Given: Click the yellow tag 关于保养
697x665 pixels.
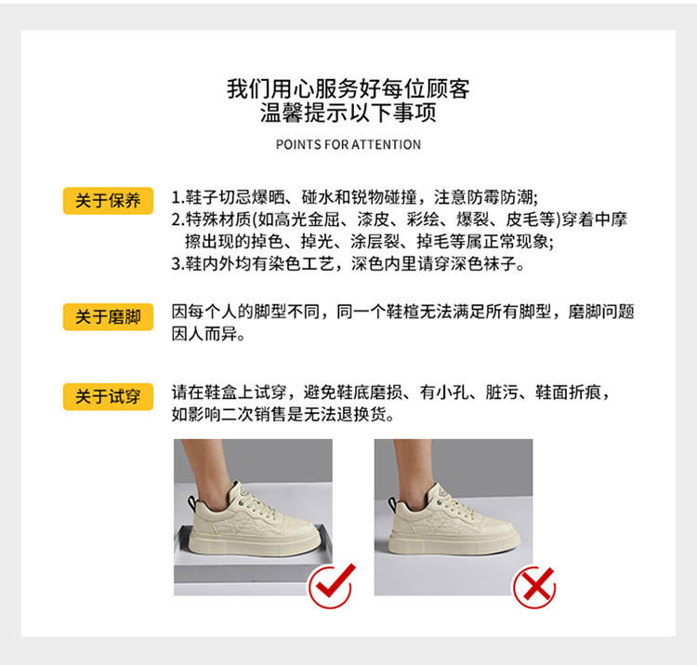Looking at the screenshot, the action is pyautogui.click(x=108, y=201).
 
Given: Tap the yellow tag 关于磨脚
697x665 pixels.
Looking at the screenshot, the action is pyautogui.click(x=108, y=317).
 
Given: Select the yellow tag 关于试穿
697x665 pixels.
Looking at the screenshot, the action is pyautogui.click(x=108, y=396).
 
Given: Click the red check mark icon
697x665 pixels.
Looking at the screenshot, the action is pyautogui.click(x=332, y=585).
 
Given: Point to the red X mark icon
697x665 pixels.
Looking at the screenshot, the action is pyautogui.click(x=534, y=587).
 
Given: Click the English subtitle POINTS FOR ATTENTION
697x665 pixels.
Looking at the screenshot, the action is pyautogui.click(x=348, y=144).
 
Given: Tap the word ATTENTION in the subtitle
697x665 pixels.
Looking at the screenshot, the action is pyautogui.click(x=387, y=144).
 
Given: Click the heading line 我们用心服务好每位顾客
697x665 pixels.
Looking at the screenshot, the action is pyautogui.click(x=348, y=88).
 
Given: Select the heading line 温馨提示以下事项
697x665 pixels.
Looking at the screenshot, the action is pyautogui.click(x=348, y=113).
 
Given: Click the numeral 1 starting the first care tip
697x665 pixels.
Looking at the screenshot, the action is pyautogui.click(x=176, y=197).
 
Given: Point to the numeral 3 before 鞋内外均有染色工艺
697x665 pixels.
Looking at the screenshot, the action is pyautogui.click(x=176, y=264).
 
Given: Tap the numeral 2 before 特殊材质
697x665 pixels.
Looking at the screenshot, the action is pyautogui.click(x=176, y=219).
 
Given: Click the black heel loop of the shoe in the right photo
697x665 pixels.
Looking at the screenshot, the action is pyautogui.click(x=393, y=504).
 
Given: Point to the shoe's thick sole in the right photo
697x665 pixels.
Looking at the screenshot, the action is pyautogui.click(x=454, y=542).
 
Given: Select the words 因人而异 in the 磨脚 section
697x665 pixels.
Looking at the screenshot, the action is pyautogui.click(x=205, y=334).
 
